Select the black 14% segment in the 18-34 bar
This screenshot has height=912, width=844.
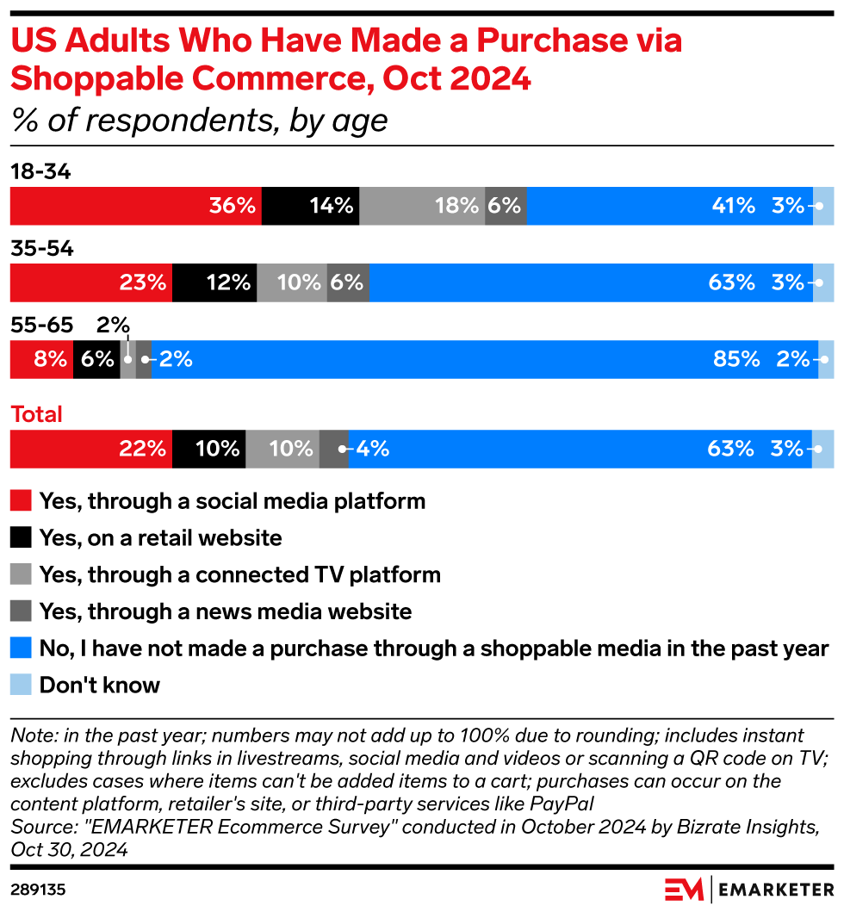[x=310, y=206]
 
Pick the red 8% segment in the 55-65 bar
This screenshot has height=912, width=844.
[x=41, y=359]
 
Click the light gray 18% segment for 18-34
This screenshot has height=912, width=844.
[x=422, y=206]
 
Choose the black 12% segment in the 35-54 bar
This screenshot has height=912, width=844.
[x=214, y=282]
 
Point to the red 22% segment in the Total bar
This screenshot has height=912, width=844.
[x=90, y=449]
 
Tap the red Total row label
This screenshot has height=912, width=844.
[x=36, y=414]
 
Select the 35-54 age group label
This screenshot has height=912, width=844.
[x=42, y=249]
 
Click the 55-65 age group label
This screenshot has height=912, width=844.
[x=42, y=326]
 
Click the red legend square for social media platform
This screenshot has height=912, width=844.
[x=21, y=501]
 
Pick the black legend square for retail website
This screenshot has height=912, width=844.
[x=21, y=538]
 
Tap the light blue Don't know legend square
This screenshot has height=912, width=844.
[x=21, y=686]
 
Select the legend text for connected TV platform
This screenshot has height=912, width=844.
[x=239, y=574]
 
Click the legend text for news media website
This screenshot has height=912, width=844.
[x=225, y=611]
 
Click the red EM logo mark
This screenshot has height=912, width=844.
[x=683, y=888]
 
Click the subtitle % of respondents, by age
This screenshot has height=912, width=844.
[x=199, y=121]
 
